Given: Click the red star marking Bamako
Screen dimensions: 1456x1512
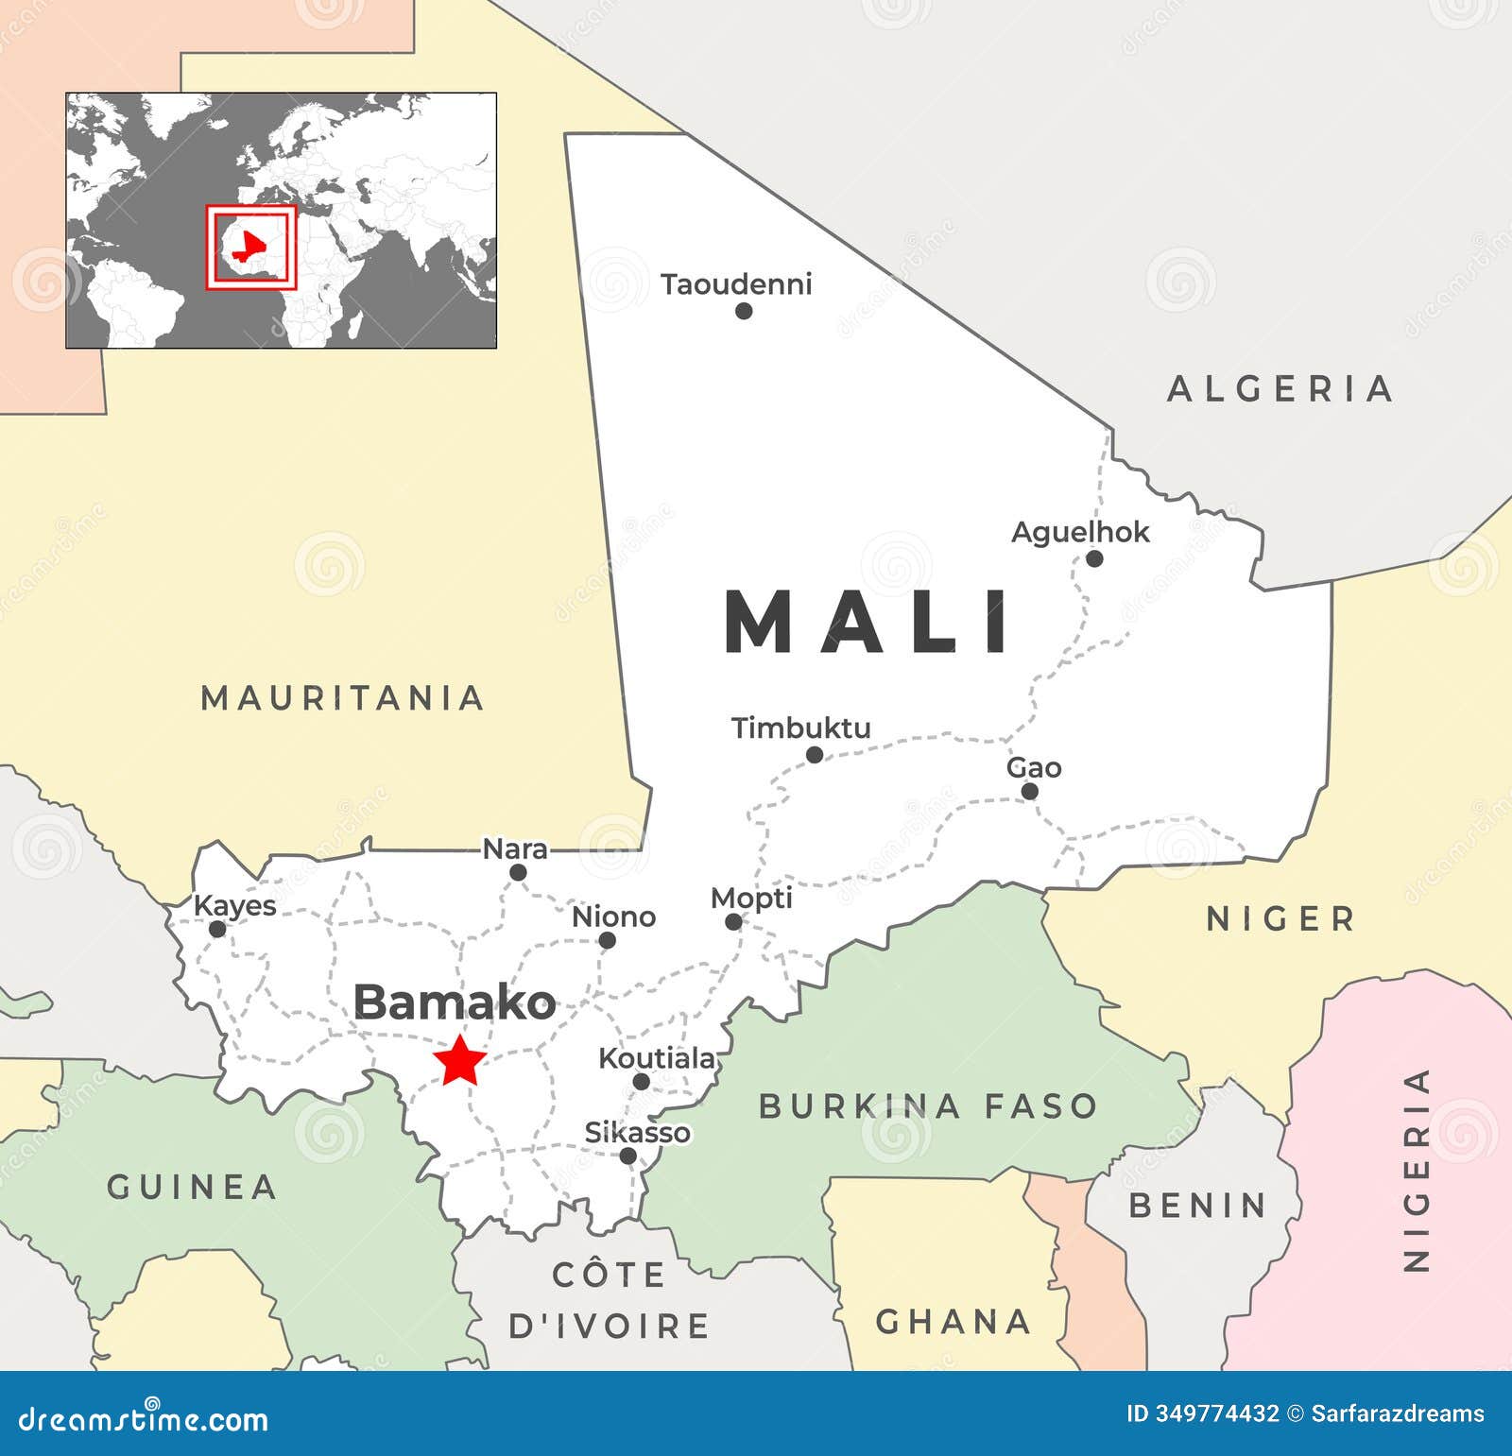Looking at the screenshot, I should coord(460,1060).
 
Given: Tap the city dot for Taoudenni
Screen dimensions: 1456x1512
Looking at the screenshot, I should coord(744,311).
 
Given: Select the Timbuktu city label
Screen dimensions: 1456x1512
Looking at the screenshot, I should coord(800,728).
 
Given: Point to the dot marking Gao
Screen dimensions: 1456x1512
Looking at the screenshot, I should coord(1029,792).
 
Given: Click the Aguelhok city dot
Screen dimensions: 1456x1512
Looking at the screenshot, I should coord(1094,558).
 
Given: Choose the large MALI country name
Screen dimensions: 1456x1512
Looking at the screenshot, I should coord(868,622).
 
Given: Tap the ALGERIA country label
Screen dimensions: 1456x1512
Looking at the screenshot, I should coord(1280,388).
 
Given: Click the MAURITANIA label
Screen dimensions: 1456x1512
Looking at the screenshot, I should coord(343,698).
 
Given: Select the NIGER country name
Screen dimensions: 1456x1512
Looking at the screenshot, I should coord(1280,918).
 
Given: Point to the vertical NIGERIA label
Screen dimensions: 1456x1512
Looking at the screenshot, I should coord(1416,1170).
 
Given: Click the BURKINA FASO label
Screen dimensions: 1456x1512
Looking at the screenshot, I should coord(927,1105).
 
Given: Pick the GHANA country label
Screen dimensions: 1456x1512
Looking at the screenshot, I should coord(953,1321).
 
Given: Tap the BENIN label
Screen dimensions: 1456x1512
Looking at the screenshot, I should coord(1197,1206).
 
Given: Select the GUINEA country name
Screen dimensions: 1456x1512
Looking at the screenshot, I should coord(192,1187).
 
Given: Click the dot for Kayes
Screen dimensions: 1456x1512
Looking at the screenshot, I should coord(217,929).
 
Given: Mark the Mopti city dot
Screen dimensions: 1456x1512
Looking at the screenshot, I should coord(733,921).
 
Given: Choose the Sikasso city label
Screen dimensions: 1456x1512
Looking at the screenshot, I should coord(637,1132).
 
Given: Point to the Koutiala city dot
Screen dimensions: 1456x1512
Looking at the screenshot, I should coord(641,1082).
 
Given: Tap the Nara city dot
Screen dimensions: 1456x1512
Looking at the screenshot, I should coord(518,872).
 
